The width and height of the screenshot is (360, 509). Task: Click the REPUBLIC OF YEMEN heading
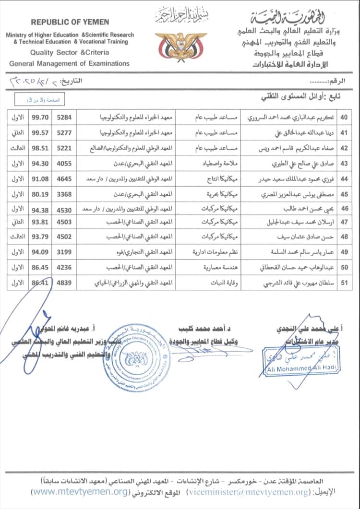coord(70,22)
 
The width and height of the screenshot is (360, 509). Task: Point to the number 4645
coord(64,178)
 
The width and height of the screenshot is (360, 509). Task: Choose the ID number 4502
coord(64,237)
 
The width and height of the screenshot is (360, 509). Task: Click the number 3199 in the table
coord(64,251)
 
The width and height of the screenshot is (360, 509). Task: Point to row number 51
coord(344,283)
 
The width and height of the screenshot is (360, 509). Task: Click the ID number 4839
coord(64,283)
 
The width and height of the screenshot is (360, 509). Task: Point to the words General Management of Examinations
coord(69,63)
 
